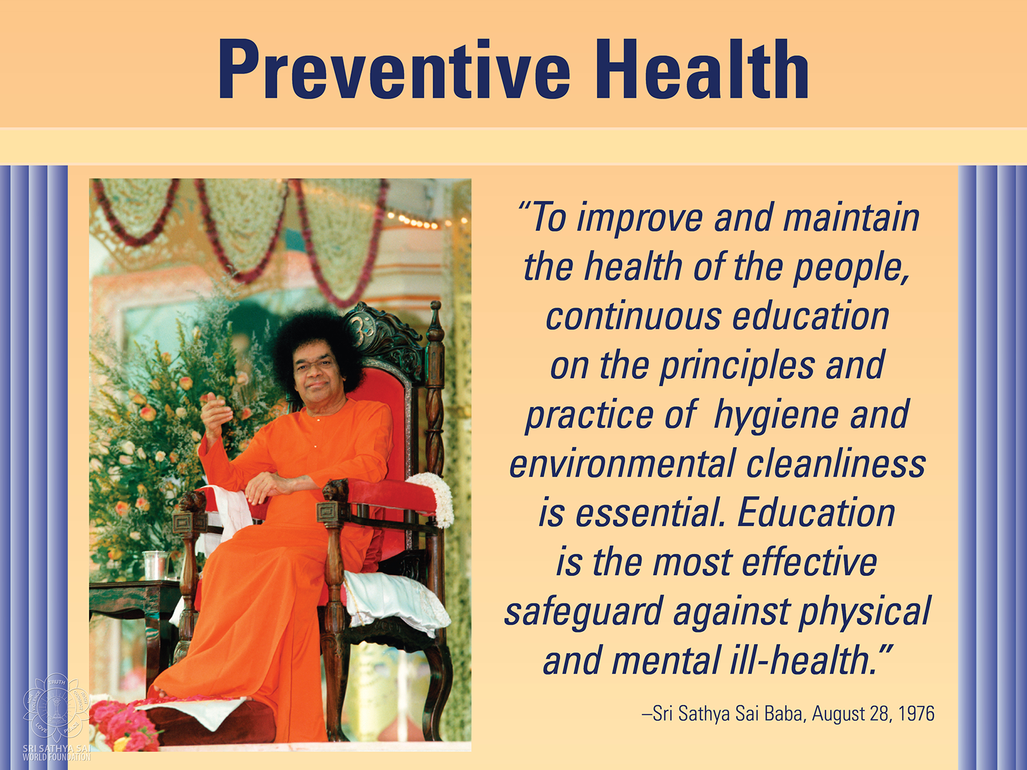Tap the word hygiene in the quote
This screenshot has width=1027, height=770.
776,416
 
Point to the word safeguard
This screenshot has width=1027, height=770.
583,612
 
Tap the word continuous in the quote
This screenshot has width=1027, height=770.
634,316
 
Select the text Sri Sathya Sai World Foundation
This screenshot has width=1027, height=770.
56,753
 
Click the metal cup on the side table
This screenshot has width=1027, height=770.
156,565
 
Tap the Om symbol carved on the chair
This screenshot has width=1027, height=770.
361,324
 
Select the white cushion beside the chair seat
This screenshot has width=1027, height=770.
397,599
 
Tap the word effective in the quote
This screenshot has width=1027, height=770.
809,562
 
